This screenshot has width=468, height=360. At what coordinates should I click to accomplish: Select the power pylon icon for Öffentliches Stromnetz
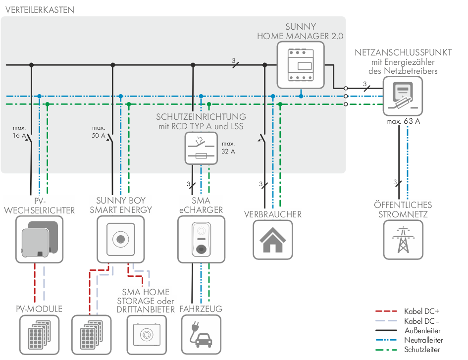pos(403,240)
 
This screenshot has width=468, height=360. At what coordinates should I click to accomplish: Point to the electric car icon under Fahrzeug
pos(201,336)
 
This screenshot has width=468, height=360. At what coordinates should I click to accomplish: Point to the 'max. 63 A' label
pos(402,121)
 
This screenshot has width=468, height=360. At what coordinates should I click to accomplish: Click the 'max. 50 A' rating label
pos(99,131)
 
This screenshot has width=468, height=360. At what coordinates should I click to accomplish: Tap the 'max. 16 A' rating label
pos(19,131)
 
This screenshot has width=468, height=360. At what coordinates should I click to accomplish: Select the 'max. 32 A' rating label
pos(228,147)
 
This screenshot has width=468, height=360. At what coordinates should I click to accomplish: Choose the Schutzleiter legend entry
pos(422,350)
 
